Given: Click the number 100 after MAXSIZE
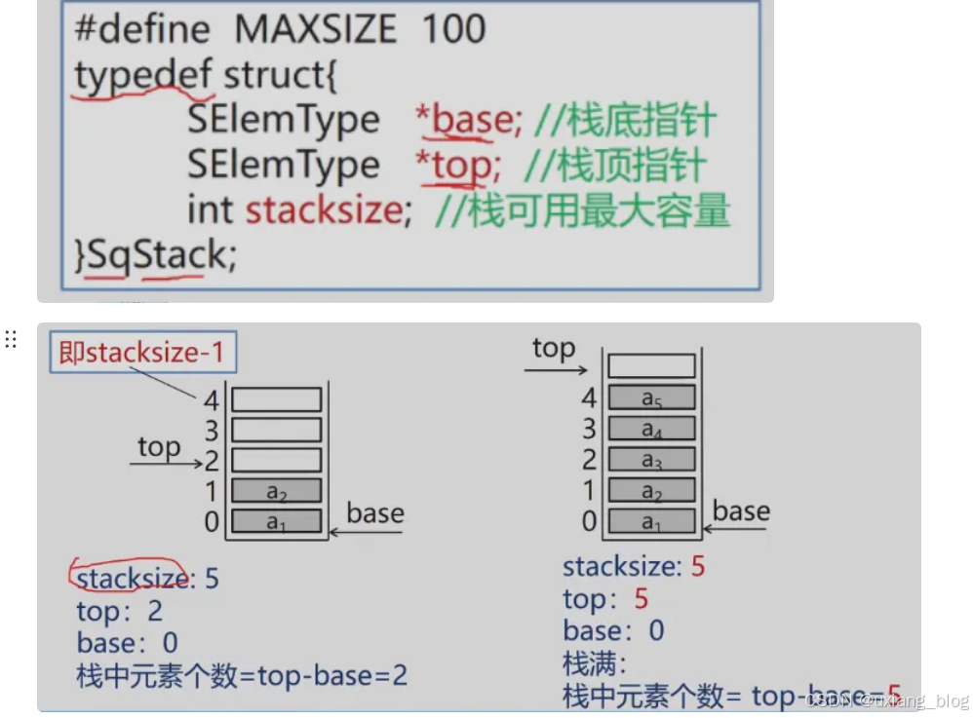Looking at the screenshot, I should click(453, 29).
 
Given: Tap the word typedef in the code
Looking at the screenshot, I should click(142, 75).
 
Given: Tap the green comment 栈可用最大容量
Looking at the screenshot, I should click(598, 210).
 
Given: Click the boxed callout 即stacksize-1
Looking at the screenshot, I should click(142, 353).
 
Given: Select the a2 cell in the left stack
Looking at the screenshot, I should click(277, 491).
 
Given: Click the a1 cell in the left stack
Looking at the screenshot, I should click(277, 521).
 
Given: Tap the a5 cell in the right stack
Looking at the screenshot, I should click(651, 397).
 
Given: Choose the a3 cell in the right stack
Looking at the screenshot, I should click(651, 459).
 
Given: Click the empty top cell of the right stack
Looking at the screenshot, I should click(651, 366).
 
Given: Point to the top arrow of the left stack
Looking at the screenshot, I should click(166, 463).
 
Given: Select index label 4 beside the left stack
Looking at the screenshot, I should click(212, 399).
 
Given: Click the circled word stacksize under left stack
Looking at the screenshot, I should click(131, 579).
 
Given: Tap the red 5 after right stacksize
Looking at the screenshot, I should click(697, 566).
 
